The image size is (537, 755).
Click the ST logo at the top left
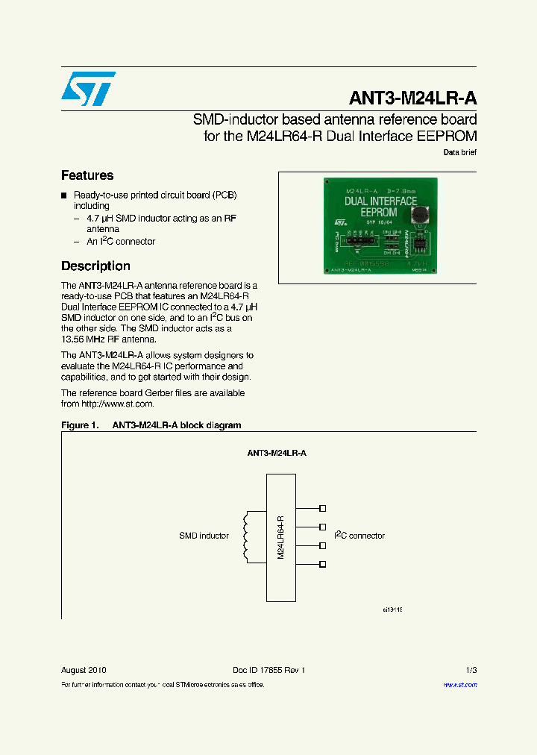[88, 89]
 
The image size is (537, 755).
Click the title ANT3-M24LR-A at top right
[412, 98]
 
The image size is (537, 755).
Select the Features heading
[87, 175]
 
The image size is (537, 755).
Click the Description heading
[95, 266]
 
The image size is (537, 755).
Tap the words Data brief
[459, 152]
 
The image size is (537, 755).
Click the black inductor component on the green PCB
[421, 215]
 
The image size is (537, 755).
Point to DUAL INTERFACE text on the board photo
[381, 201]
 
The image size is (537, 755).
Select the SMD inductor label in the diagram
[204, 536]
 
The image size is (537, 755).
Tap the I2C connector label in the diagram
[359, 535]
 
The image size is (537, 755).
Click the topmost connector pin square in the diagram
[322, 509]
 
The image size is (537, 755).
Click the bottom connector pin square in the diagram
[322, 565]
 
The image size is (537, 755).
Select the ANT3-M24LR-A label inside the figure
[277, 453]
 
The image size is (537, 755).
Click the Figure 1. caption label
[79, 425]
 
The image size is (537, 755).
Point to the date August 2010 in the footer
[84, 670]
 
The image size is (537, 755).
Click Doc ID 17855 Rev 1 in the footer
[269, 670]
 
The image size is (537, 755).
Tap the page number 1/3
[470, 670]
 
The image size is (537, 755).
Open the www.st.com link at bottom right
[459, 684]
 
